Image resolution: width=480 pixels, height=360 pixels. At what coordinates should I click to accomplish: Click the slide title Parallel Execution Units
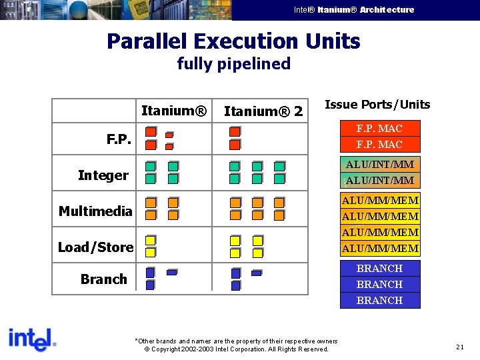233,41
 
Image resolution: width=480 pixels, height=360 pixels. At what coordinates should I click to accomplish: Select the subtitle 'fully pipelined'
233,64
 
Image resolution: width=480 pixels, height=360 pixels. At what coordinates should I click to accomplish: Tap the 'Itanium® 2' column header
263,111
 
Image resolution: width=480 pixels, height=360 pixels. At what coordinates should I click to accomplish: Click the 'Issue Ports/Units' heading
377,105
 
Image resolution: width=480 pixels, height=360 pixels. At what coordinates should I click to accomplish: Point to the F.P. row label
119,139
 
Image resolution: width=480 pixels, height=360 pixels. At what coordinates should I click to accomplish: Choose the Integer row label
103,175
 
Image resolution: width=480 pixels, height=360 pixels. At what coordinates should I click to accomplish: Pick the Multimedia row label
95,211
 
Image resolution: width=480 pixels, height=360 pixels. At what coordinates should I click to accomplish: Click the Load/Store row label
95,247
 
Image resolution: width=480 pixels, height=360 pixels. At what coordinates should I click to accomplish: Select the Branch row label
103,279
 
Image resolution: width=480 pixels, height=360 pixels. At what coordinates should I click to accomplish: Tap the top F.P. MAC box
379,128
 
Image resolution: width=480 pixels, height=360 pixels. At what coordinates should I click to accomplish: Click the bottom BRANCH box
379,301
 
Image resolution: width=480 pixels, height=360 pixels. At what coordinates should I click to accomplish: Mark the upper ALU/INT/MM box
379,164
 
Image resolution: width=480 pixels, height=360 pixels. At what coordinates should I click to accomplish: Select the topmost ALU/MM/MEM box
380,200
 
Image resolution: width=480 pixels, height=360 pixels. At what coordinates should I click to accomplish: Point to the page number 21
460,347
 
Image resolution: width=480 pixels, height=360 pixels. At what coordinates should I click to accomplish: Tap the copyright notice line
236,349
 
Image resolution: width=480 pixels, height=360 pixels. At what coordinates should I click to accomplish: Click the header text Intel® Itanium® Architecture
354,10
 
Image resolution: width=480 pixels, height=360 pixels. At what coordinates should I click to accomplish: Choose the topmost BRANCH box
379,269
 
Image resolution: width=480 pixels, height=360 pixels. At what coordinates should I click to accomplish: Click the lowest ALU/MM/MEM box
380,249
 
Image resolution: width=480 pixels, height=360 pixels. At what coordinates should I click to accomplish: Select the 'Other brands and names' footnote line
236,341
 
